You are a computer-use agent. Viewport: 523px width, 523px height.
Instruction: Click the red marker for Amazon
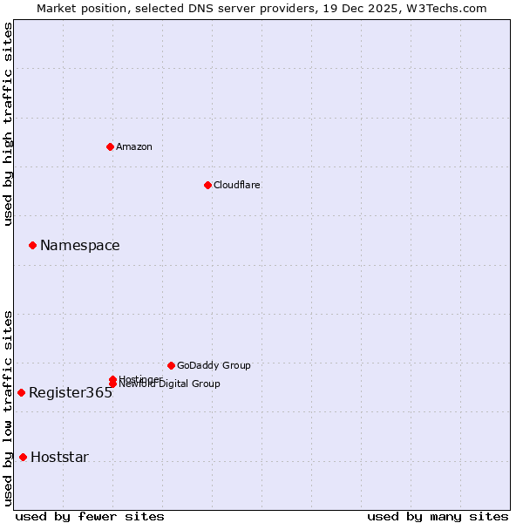[x=111, y=146]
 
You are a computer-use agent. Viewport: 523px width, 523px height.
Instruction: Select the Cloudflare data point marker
[x=207, y=185]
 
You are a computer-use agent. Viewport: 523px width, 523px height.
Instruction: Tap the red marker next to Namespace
[x=32, y=245]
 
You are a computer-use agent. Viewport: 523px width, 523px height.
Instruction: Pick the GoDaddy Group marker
[x=171, y=365]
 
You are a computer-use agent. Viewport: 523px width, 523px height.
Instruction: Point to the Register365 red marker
[x=21, y=392]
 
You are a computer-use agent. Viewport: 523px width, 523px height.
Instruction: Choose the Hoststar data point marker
[x=23, y=457]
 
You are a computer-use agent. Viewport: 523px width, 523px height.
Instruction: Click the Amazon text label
[x=134, y=146]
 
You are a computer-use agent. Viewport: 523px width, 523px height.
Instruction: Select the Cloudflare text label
[x=237, y=185]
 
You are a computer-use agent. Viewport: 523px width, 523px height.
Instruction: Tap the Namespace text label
[x=80, y=246]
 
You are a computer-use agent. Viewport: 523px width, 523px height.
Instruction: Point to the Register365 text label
[x=71, y=393]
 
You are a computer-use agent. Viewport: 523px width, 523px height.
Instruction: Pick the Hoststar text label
[x=59, y=458]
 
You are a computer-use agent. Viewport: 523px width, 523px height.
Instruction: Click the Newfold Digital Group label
[x=171, y=384]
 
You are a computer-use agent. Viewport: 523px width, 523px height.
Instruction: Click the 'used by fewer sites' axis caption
[x=90, y=516]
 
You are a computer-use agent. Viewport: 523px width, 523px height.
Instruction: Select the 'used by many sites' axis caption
[x=438, y=516]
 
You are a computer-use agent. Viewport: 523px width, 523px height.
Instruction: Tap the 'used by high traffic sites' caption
[x=8, y=124]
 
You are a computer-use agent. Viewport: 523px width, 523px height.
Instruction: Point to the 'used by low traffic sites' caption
[x=8, y=408]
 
